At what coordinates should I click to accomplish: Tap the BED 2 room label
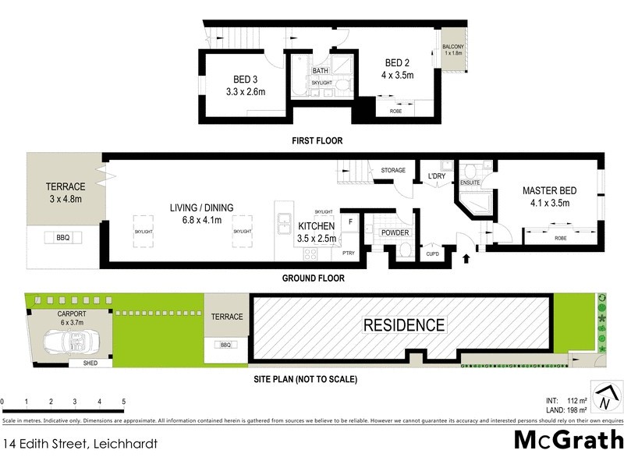click(398, 62)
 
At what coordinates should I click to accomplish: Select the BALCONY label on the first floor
click(453, 48)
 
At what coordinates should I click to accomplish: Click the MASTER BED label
click(550, 190)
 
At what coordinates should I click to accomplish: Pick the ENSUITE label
click(470, 183)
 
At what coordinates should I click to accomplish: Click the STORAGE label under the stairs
click(393, 170)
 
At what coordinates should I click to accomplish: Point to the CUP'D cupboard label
click(432, 253)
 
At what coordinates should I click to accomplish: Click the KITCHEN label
click(317, 226)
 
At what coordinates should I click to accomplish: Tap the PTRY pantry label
click(348, 253)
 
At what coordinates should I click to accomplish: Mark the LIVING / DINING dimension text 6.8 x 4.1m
click(201, 219)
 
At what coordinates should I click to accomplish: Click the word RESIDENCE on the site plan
click(404, 325)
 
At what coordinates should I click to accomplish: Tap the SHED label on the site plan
click(80, 363)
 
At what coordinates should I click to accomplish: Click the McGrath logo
click(569, 440)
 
